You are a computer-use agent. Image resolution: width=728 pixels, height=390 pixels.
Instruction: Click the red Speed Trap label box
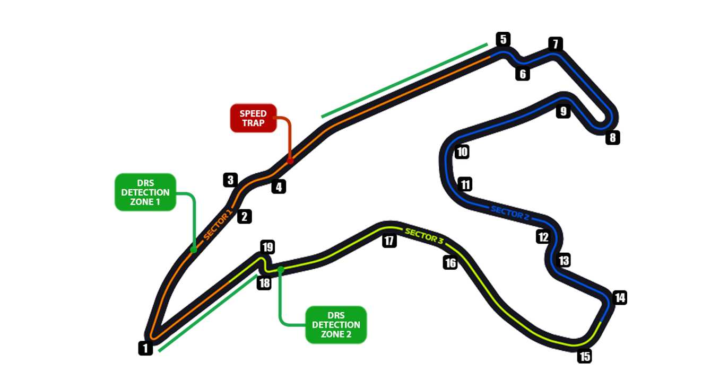[x=253, y=118]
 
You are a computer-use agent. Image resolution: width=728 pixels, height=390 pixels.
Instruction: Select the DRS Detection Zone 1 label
[x=145, y=192]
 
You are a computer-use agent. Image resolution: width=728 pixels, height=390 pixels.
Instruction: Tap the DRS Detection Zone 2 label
[x=336, y=325]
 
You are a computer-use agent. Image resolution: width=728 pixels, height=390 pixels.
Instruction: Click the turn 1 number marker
[x=145, y=348]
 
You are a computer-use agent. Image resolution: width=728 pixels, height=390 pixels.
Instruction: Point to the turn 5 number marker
[x=503, y=39]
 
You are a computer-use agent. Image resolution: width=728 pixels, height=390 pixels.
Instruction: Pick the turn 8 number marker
[x=613, y=138]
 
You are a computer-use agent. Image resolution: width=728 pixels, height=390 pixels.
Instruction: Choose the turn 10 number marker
[x=462, y=153]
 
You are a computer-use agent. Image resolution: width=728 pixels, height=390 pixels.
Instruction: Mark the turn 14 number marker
[x=620, y=298]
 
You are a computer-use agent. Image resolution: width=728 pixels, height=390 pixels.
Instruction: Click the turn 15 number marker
[x=585, y=356]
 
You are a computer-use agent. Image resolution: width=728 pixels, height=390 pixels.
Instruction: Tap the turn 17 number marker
[x=389, y=241]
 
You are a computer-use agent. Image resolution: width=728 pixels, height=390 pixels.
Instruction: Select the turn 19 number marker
[x=267, y=247]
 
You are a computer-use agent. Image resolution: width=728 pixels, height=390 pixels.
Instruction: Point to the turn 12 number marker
[x=543, y=237]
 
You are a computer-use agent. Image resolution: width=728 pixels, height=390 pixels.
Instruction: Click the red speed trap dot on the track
[x=290, y=161]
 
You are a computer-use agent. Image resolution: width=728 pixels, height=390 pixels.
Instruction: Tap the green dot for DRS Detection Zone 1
[x=194, y=249]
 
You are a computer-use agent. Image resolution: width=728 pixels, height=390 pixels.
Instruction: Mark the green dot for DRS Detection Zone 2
[x=281, y=269]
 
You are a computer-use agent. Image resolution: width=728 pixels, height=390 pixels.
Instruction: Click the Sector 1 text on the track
[x=218, y=225]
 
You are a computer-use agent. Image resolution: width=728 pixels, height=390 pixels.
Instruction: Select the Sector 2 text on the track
[x=510, y=212]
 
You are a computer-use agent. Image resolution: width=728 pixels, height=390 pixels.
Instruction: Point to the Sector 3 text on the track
[x=424, y=236]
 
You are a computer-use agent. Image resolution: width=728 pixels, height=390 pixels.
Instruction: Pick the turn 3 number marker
[x=230, y=180]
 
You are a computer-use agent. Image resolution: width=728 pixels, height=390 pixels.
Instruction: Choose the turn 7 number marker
[x=555, y=44]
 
